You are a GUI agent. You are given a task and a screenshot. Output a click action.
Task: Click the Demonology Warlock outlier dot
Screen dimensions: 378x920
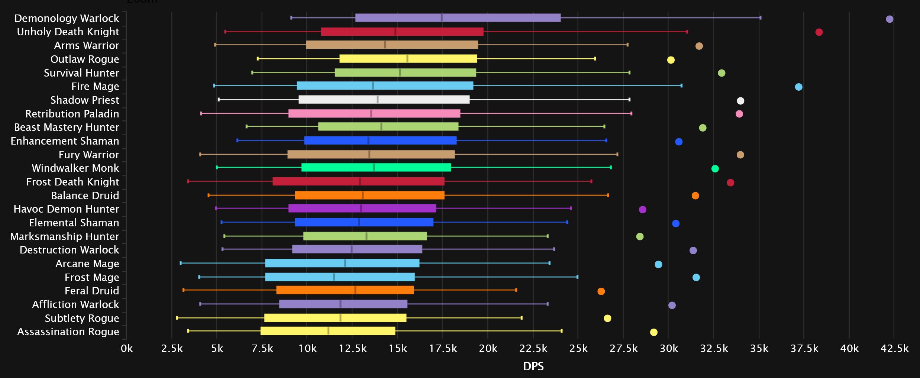click(889, 19)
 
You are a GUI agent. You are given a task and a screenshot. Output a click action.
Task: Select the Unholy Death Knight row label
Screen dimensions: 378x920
click(68, 32)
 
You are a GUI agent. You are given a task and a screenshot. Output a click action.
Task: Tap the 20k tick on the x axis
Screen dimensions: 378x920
click(488, 349)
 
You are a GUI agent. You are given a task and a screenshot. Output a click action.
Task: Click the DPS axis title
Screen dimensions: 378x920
click(533, 366)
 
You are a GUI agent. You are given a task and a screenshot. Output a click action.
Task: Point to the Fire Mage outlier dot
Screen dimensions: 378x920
click(798, 87)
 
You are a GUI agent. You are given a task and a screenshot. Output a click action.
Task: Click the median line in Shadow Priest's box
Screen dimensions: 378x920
click(378, 100)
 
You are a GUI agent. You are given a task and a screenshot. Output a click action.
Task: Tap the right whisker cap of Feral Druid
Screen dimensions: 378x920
click(516, 290)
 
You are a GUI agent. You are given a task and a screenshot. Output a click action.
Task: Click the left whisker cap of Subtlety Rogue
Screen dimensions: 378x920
click(177, 318)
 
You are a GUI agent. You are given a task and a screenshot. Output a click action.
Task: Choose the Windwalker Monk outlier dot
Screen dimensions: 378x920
click(715, 169)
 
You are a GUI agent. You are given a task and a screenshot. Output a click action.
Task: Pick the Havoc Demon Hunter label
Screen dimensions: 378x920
click(66, 209)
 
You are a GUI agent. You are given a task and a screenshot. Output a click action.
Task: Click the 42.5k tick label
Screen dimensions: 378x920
click(894, 349)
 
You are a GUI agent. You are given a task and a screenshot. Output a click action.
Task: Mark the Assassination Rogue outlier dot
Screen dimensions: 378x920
click(653, 332)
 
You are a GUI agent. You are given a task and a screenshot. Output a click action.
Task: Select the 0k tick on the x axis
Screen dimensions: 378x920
click(127, 349)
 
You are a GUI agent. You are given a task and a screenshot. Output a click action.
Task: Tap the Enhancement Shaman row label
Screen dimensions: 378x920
click(65, 141)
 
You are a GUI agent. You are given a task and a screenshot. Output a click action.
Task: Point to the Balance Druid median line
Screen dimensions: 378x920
click(363, 195)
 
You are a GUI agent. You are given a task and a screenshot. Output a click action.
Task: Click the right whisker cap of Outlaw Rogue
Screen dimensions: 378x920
click(595, 59)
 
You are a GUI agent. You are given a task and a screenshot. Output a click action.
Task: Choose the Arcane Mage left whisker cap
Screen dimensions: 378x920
click(181, 263)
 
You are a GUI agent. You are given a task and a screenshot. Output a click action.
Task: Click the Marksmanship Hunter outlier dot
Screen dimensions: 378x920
click(639, 236)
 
